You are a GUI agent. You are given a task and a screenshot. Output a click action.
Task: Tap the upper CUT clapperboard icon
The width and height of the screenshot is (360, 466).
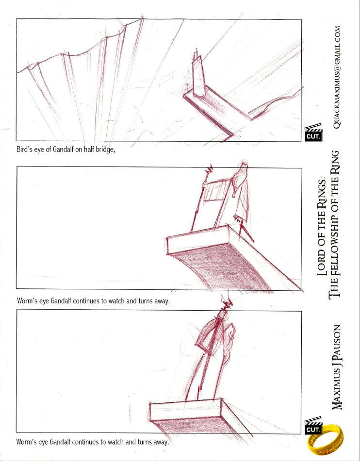[x=313, y=132]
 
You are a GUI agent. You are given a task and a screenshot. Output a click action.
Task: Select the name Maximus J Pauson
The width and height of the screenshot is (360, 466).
[x=337, y=367]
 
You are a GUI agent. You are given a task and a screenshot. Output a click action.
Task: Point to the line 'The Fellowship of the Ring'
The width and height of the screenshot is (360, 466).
[x=334, y=224]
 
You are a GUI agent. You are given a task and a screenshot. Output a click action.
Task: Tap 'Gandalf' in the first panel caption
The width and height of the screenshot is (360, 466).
[x=63, y=149]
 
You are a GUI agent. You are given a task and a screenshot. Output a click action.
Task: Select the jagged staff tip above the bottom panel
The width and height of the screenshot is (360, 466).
[x=228, y=304]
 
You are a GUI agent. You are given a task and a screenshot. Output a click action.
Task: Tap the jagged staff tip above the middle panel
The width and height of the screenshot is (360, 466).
[x=211, y=168]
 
